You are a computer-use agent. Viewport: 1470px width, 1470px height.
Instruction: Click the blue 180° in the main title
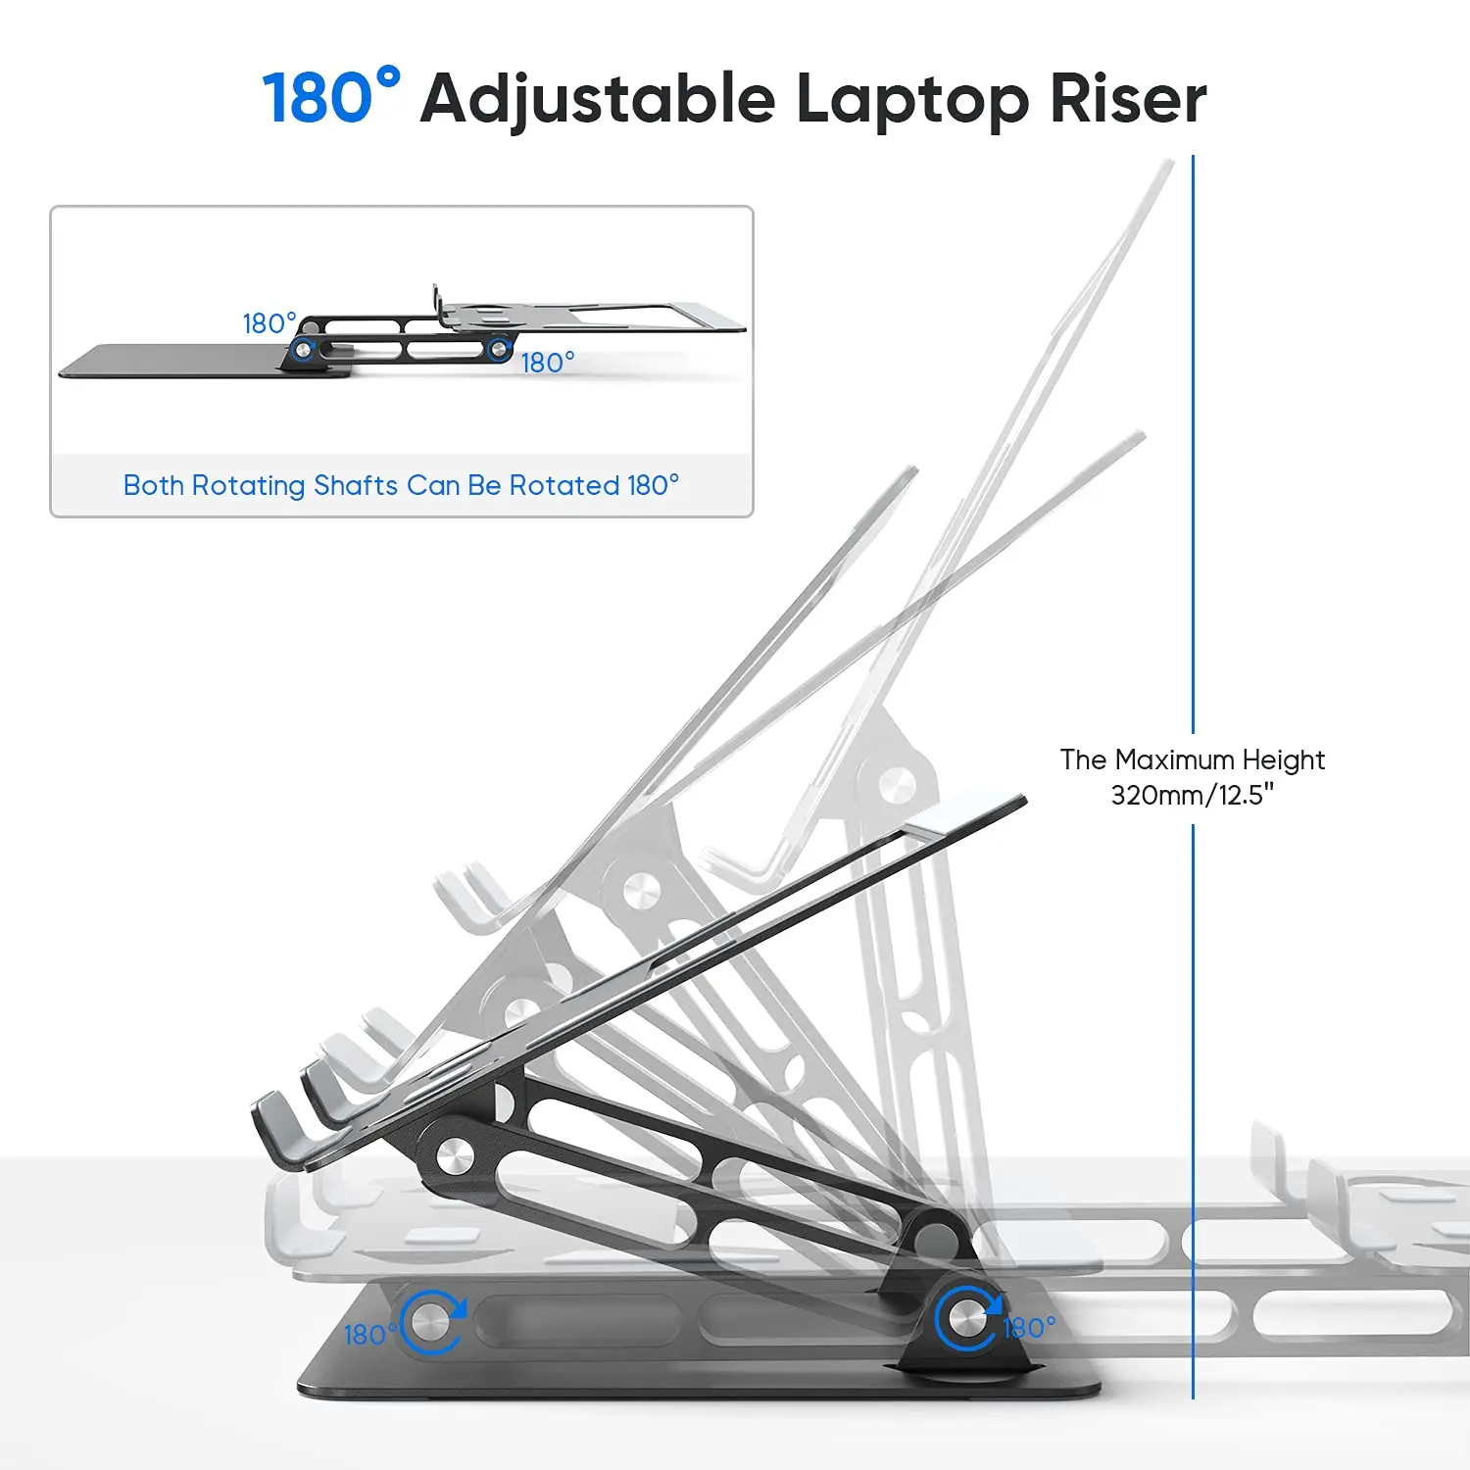point(331,97)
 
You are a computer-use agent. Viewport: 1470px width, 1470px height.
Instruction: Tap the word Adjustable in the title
point(598,100)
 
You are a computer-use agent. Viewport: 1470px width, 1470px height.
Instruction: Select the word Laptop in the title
point(911,100)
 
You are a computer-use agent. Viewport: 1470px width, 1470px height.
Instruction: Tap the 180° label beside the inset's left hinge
point(269,323)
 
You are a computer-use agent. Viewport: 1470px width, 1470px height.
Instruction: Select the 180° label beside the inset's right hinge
point(548,363)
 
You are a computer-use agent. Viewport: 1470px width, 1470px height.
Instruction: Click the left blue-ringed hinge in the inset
point(303,348)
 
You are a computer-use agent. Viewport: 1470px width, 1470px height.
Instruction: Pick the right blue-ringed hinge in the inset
point(499,347)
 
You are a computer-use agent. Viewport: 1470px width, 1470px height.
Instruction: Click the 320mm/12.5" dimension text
point(1193,795)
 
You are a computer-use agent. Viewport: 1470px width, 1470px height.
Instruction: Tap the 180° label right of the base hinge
point(1029,1328)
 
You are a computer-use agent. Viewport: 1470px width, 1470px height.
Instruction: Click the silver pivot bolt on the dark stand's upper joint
point(453,1156)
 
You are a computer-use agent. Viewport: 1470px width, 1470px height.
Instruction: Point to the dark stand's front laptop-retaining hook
point(279,1132)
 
